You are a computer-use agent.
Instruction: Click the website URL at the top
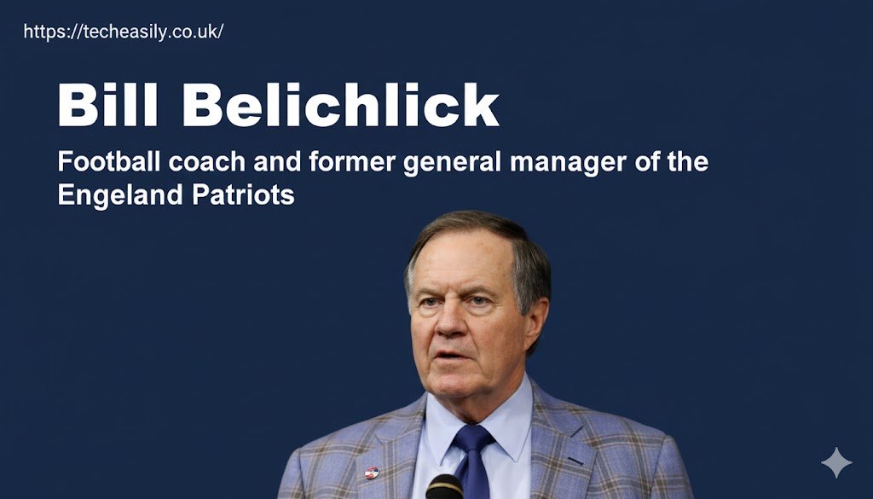coord(124,32)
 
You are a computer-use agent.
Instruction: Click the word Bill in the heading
coord(110,106)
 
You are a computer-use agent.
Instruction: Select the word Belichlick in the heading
coord(340,106)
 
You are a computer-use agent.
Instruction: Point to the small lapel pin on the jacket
coord(372,472)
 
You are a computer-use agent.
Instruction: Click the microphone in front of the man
coord(444,488)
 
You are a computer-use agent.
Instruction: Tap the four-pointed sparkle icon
coord(835,462)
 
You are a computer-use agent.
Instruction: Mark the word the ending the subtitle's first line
coord(686,161)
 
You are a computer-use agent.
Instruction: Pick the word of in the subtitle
coord(645,161)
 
